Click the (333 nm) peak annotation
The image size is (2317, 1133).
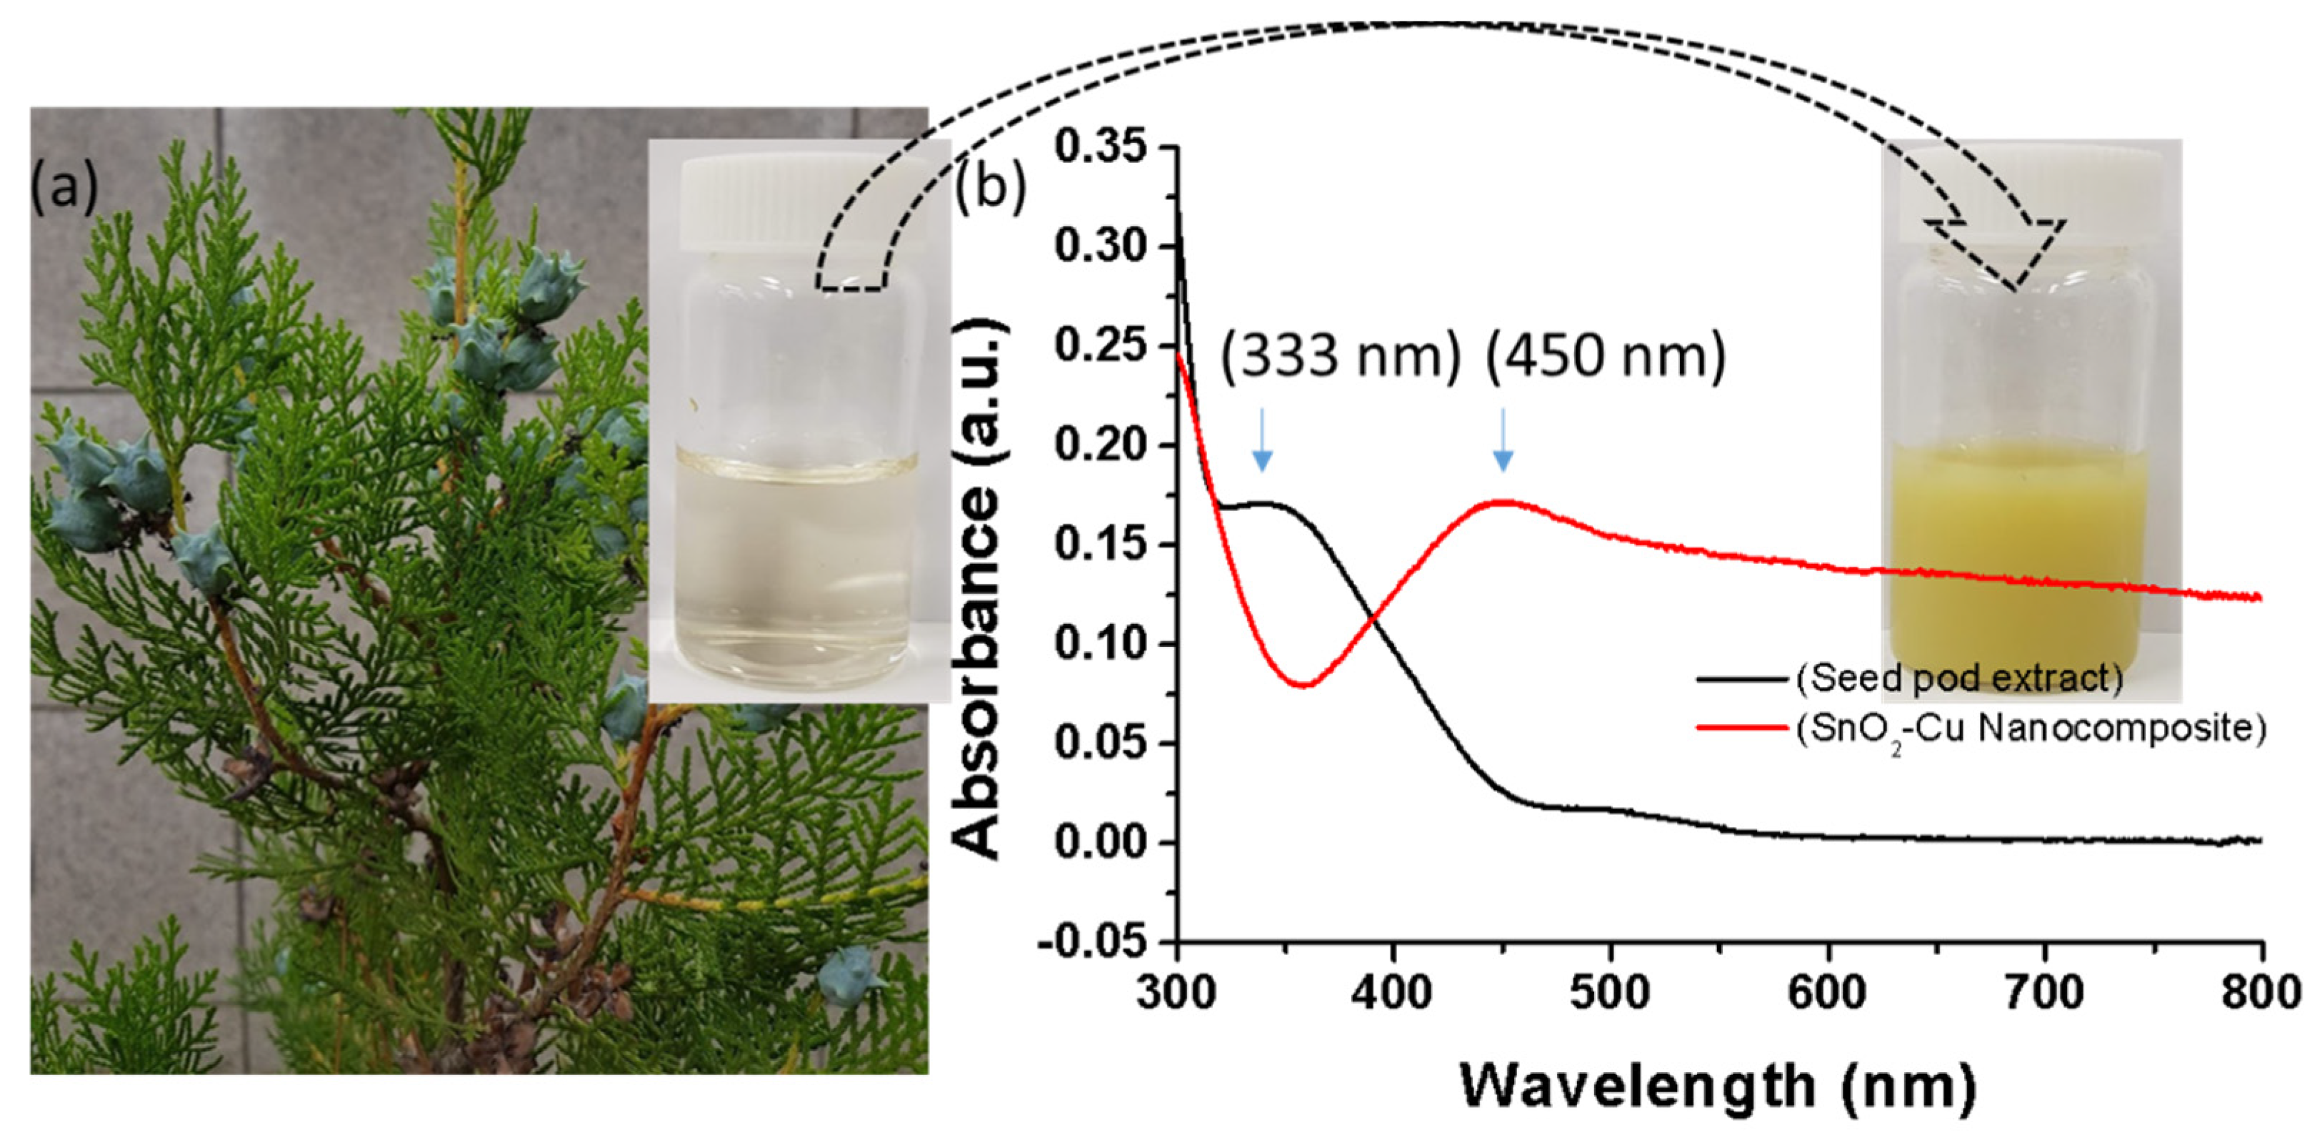point(1339,357)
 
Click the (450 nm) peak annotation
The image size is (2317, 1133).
point(1606,357)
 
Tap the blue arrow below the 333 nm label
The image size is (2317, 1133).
point(1262,440)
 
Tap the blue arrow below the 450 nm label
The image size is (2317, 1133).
point(1503,440)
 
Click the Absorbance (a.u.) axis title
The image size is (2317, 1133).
point(978,590)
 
